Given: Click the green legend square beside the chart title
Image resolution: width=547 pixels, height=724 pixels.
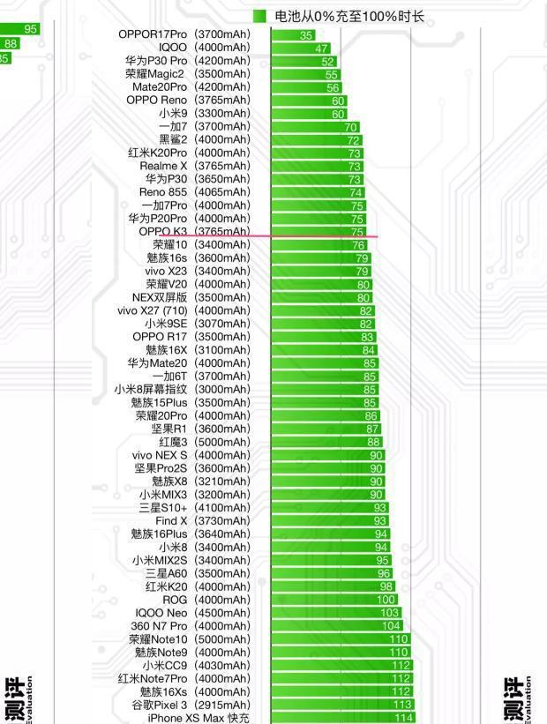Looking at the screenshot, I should [x=259, y=16].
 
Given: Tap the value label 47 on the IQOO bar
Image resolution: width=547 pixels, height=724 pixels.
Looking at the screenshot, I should [x=321, y=49].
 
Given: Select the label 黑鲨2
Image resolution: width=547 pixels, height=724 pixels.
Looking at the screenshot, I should [x=173, y=139].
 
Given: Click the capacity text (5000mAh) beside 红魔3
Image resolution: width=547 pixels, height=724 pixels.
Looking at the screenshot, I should [x=221, y=442].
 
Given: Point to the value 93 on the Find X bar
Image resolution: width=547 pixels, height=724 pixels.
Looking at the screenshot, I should [x=379, y=521].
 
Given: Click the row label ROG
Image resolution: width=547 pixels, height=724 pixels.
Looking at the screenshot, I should [x=175, y=600].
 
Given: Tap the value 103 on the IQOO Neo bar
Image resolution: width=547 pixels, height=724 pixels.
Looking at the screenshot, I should [x=389, y=613].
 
